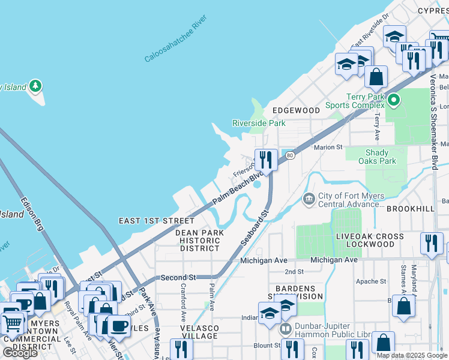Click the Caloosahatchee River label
tap(175, 40)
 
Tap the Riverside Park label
tap(259, 124)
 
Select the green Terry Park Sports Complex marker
tap(394, 100)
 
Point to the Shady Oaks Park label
tap(377, 157)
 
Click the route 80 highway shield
tap(291, 155)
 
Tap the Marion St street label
tap(328, 147)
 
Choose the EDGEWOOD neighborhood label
tap(296, 110)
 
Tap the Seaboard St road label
tap(255, 227)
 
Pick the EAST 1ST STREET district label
tap(157, 221)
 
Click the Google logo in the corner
tap(20, 353)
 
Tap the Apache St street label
tap(371, 281)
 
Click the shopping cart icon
tap(12, 324)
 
